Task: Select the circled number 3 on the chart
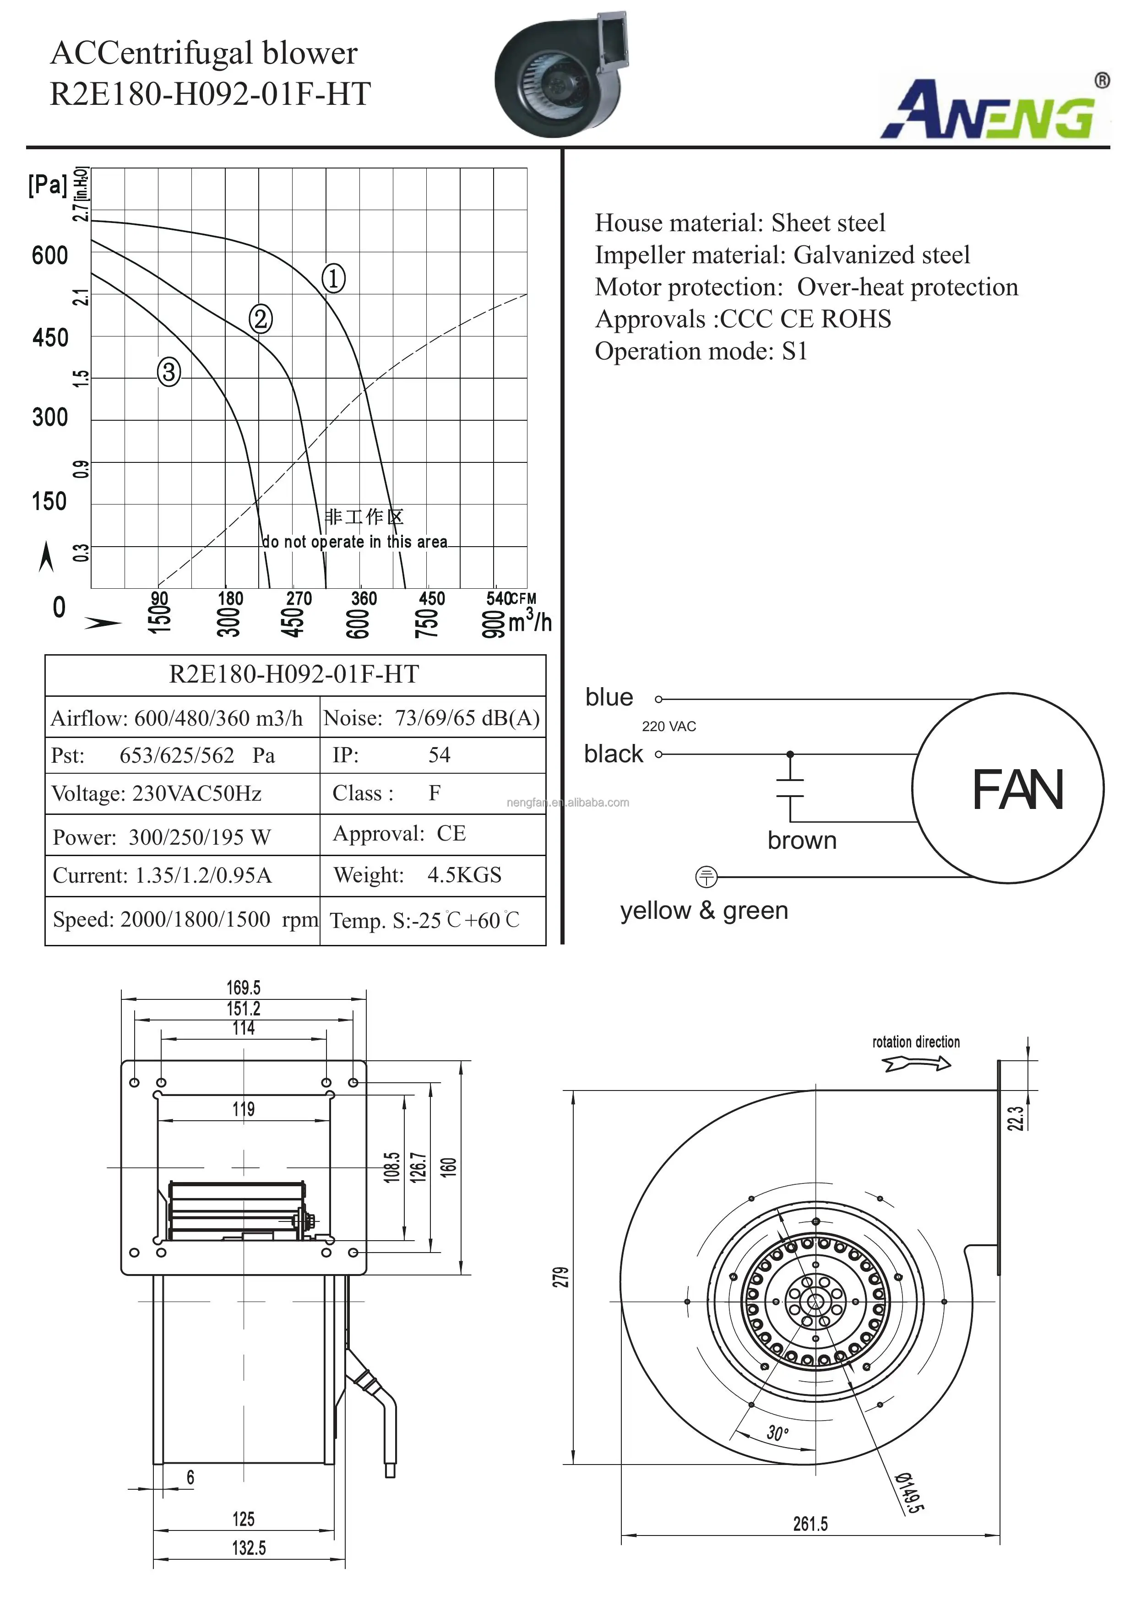click(x=168, y=371)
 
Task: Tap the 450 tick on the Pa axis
click(x=50, y=338)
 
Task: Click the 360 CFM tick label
click(x=364, y=599)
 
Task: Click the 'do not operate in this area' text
click(x=355, y=542)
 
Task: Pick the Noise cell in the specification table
click(x=432, y=718)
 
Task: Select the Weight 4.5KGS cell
click(x=432, y=875)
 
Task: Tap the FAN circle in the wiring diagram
click(x=1008, y=788)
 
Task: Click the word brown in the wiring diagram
click(x=802, y=840)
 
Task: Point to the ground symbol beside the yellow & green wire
click(x=707, y=876)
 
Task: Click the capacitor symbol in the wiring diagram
click(x=790, y=788)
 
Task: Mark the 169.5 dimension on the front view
click(x=244, y=987)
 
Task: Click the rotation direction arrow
click(x=916, y=1064)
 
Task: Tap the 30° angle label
click(x=777, y=1433)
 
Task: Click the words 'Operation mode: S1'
click(x=701, y=351)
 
